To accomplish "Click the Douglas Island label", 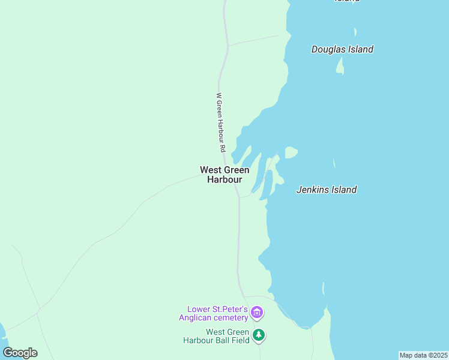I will [x=342, y=50].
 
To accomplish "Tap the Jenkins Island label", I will [x=327, y=190].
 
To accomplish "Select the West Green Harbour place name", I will [x=224, y=175].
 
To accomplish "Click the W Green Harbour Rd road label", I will [x=220, y=122].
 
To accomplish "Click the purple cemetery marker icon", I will [x=257, y=313].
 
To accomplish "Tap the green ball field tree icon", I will [x=258, y=335].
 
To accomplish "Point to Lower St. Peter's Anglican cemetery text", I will [x=217, y=313].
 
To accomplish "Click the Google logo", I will [x=20, y=353].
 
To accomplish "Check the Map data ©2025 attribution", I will [x=423, y=355].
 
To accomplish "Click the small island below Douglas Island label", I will [x=340, y=67].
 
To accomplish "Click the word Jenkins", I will [x=312, y=190].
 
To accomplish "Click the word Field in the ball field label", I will [x=240, y=340].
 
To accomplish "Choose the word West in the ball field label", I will [x=215, y=332].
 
